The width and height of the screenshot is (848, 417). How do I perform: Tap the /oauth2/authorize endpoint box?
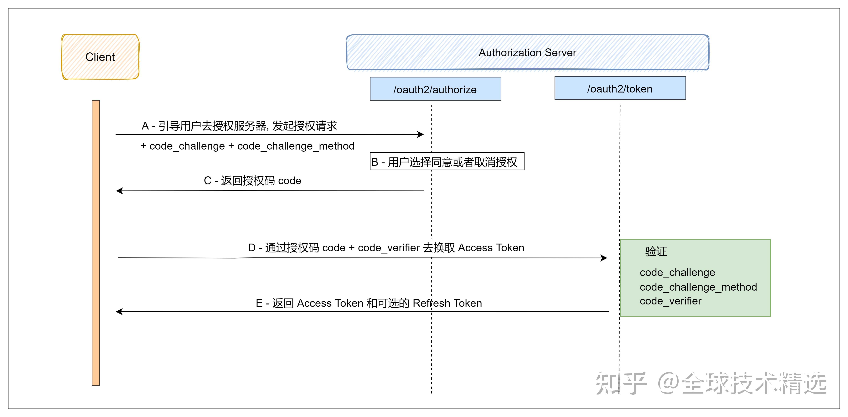click(435, 89)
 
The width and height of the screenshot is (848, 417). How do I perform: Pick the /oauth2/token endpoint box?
click(620, 88)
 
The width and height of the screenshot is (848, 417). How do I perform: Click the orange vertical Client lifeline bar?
click(96, 243)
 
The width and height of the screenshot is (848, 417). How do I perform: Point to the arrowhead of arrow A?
click(421, 134)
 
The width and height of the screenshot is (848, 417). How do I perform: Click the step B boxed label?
click(447, 162)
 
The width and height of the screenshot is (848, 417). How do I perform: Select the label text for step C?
click(252, 181)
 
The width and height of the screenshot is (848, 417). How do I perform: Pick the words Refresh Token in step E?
click(447, 303)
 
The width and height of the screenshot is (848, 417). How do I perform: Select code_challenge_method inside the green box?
click(698, 287)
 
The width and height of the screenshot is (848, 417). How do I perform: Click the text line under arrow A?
click(247, 146)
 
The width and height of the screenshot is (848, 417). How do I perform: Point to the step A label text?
click(239, 126)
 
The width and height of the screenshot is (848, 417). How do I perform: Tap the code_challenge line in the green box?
click(677, 272)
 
